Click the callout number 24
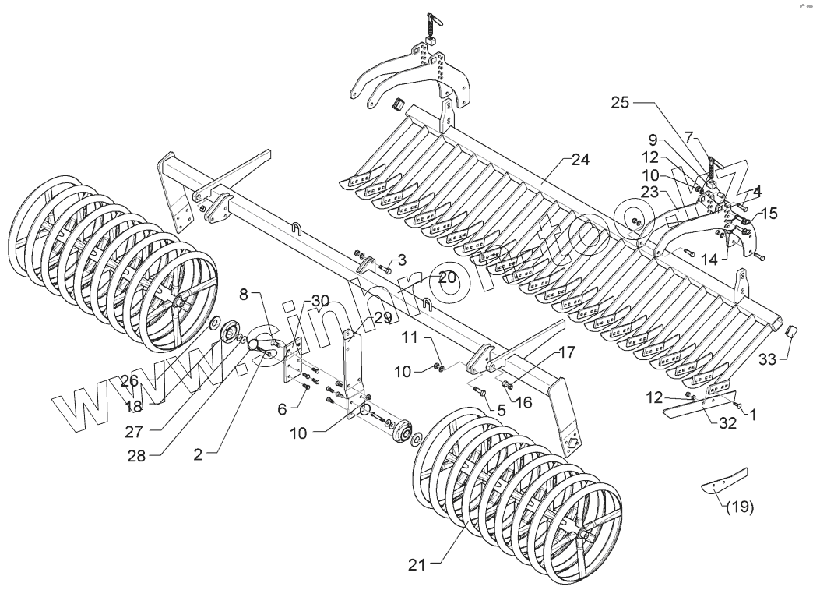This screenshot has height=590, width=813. (x=579, y=160)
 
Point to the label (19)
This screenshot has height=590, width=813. (x=740, y=507)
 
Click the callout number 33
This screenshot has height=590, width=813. (x=769, y=359)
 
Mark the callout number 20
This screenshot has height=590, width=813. (x=447, y=277)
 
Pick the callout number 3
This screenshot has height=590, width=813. (x=402, y=258)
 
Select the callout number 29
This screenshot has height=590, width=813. (x=382, y=317)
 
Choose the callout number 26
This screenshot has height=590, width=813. (x=129, y=381)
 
